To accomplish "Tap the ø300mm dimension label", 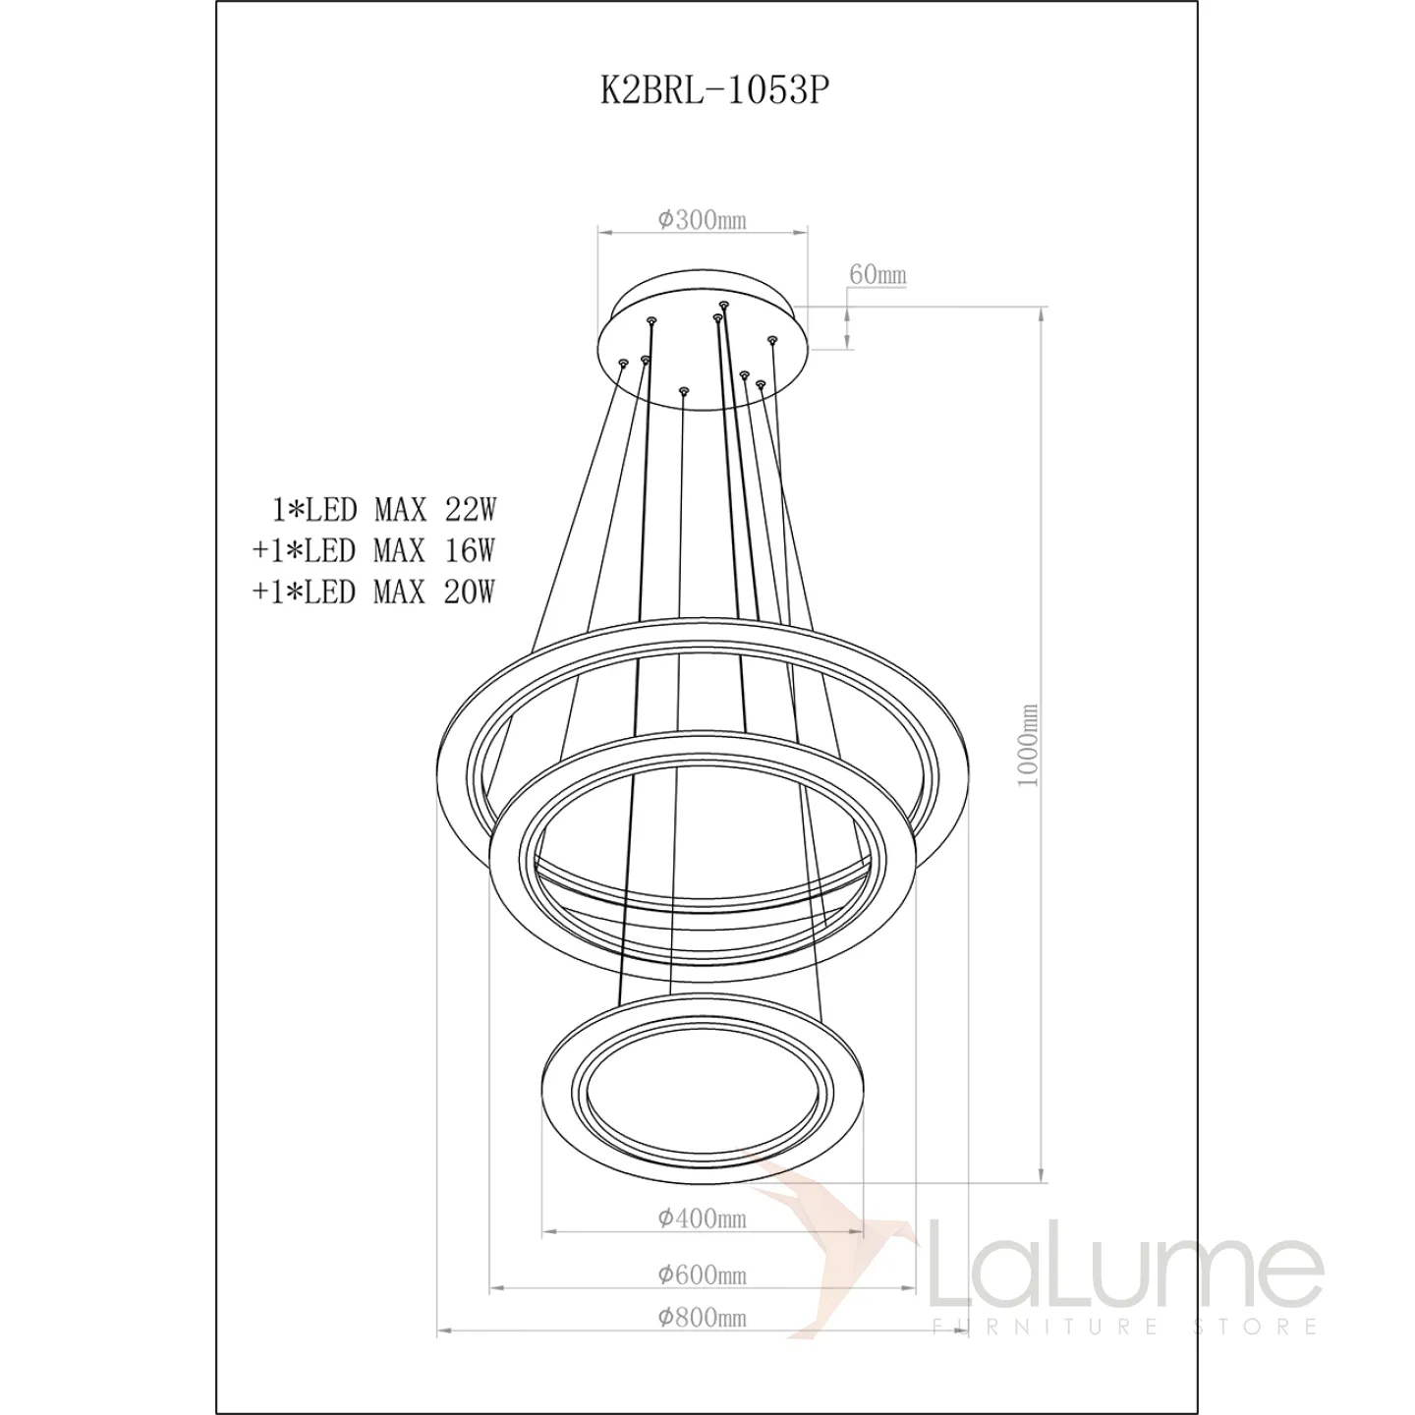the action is click(703, 219).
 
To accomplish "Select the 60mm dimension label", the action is click(877, 274).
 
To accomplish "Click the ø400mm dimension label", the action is click(703, 1218).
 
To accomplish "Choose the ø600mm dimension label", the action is click(703, 1275).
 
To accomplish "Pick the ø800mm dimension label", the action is click(703, 1318).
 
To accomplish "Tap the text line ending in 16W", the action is click(374, 550).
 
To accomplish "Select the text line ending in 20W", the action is click(374, 592).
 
